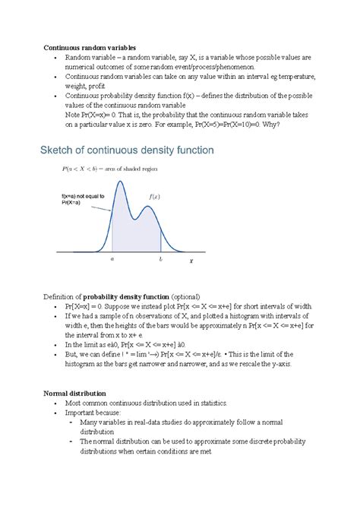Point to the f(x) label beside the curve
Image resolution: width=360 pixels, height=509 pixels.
154,196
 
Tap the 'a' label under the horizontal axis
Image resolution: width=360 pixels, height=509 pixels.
112,258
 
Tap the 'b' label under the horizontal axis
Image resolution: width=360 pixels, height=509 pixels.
161,258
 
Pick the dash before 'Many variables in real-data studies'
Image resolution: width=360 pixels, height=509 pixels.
71,422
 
